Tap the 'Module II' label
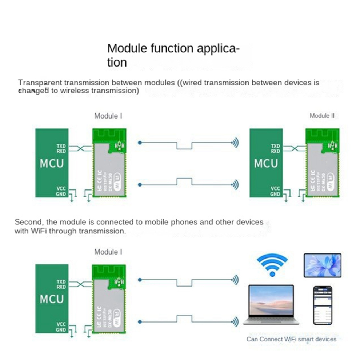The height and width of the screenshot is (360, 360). point(322,116)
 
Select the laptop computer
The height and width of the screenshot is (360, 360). point(271,304)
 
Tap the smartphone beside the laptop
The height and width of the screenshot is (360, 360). point(323,305)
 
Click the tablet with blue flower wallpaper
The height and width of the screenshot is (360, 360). point(322,265)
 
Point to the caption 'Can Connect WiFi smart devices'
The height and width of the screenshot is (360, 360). point(291,339)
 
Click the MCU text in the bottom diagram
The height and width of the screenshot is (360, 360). point(52,299)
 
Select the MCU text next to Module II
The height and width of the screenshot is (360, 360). point(266,163)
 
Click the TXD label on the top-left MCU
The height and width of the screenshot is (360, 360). point(61,146)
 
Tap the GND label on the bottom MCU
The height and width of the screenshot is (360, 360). point(61,330)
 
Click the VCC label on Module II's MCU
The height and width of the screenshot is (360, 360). point(275,189)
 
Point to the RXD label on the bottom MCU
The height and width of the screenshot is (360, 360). point(61,287)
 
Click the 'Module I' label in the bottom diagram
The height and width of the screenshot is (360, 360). point(108,252)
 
